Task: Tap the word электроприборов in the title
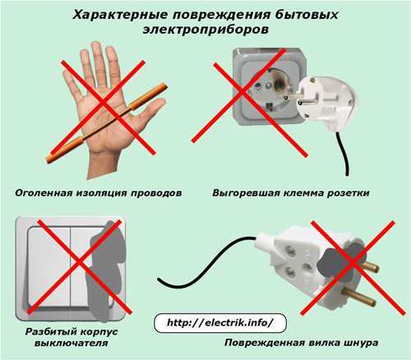point(205,30)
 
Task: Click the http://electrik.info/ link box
point(220,323)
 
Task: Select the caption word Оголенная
point(44,193)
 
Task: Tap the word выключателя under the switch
point(71,343)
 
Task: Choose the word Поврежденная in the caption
point(264,343)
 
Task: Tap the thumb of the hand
point(150,113)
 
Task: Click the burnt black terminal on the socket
point(279,82)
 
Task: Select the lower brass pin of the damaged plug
point(359,298)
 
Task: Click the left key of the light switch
point(49,267)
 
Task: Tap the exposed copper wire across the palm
point(107,123)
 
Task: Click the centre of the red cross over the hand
point(104,104)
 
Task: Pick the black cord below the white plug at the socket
point(343,154)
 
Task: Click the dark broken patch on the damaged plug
point(340,262)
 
